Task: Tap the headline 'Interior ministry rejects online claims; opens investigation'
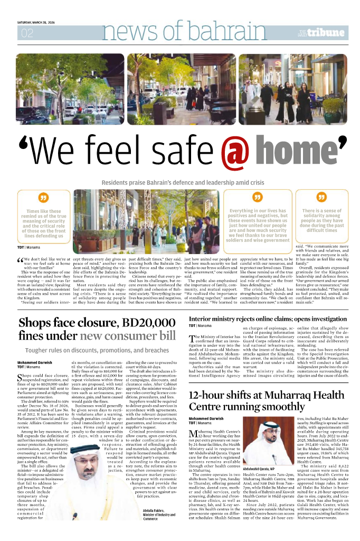(x=268, y=305)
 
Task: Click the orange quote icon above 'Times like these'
(x=43, y=198)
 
